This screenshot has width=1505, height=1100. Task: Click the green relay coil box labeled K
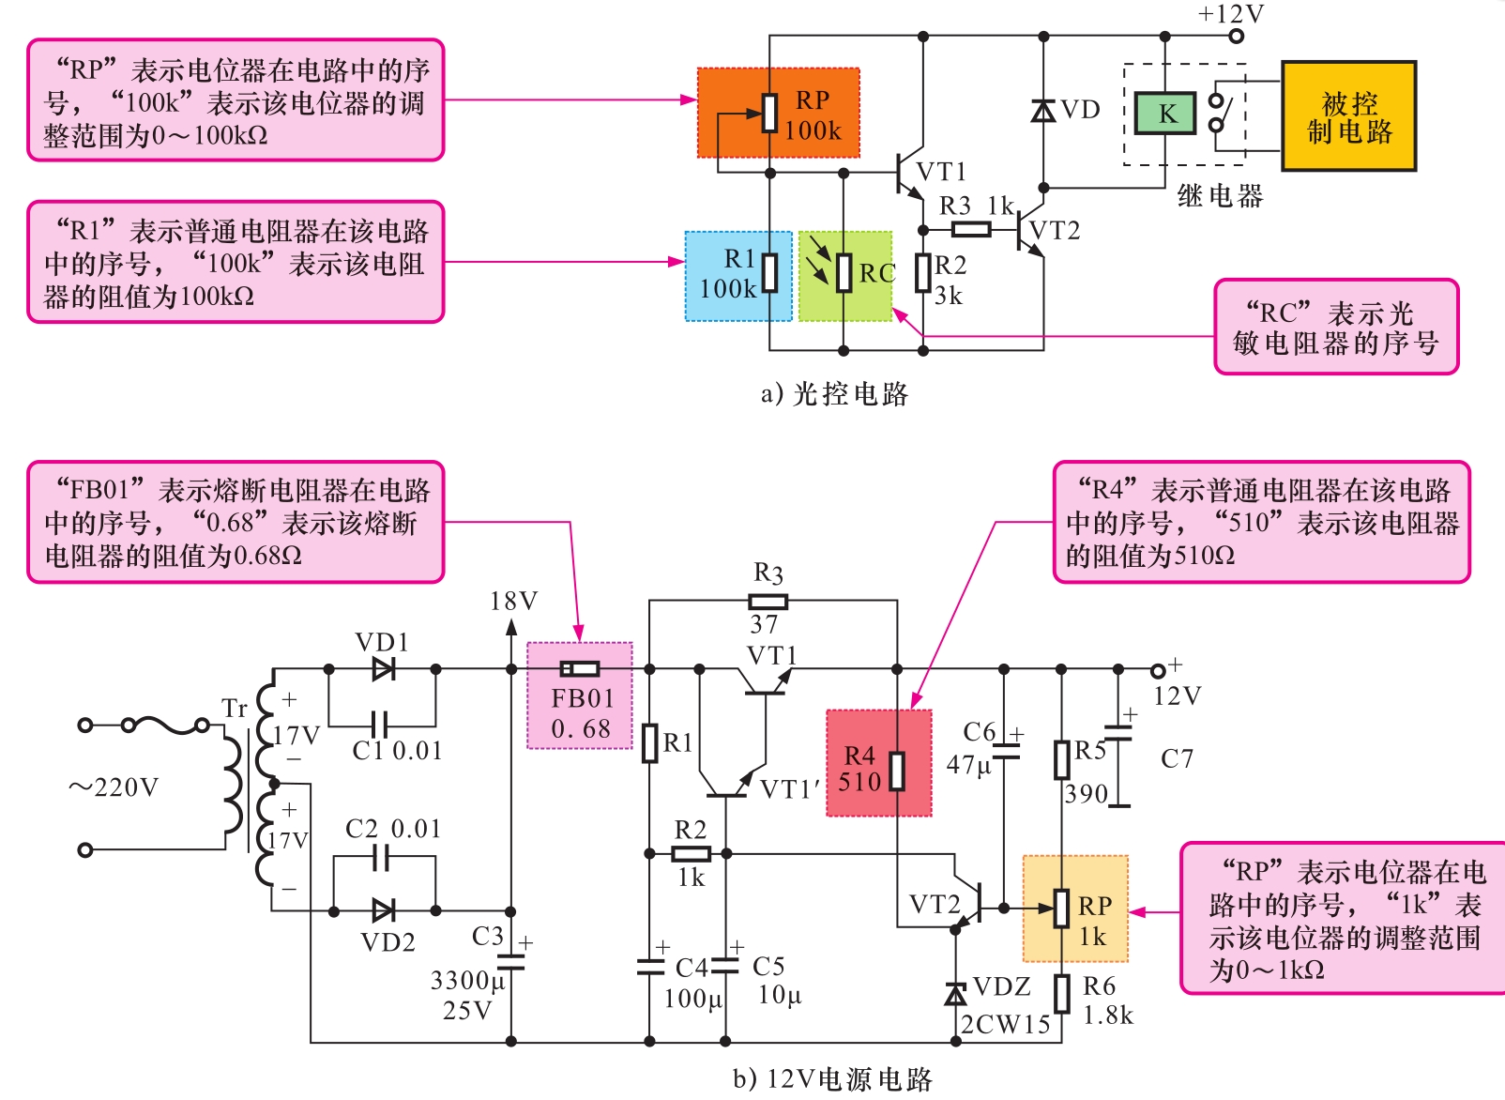1165,114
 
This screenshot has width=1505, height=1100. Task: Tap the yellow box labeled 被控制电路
1348,116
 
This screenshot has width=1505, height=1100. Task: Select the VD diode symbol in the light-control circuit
1042,111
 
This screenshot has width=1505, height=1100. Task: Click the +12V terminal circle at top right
1237,37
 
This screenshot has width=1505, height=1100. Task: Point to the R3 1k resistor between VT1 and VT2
970,230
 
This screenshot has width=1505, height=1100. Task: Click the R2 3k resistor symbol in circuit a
923,273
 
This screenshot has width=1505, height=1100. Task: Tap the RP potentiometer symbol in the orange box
770,113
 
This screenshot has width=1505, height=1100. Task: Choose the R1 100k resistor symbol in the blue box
770,273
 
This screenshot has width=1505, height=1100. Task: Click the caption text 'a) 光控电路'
834,394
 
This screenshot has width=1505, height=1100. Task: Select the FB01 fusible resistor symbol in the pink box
580,669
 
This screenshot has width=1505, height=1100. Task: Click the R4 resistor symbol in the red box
897,771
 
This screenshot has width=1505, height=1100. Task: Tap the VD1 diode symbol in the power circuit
383,669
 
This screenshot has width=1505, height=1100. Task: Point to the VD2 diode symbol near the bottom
383,910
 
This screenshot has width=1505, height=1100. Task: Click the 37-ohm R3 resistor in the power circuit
768,602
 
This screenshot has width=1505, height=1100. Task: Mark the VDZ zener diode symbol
956,993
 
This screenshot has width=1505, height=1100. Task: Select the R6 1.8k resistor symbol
1062,994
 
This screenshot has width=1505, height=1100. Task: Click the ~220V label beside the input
114,787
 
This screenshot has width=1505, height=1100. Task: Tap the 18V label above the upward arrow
513,602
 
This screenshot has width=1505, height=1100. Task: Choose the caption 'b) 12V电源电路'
832,1080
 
